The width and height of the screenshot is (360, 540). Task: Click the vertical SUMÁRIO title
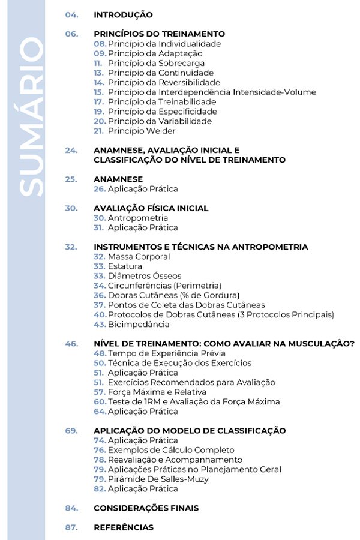pos(31,117)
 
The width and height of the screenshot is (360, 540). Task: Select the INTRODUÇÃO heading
pos(123,15)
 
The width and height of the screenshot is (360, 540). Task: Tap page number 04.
pos(71,15)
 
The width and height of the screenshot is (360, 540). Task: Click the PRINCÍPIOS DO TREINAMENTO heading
pos(159,34)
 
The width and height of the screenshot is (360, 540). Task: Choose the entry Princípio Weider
pos(142,131)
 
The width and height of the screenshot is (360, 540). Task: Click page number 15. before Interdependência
pos(99,92)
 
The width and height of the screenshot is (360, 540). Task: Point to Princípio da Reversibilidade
pos(164,83)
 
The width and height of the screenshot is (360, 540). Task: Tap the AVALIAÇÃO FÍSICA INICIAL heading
pos(151,208)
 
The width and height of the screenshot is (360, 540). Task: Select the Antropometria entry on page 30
pos(138,218)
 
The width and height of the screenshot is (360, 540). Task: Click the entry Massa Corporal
pos(139,257)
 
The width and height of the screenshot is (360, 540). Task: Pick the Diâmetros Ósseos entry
pos(144,276)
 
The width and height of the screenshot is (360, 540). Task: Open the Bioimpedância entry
pos(139,325)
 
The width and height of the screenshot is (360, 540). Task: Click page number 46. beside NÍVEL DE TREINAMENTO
pos(71,344)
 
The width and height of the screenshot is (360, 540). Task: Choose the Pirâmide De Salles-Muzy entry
pos(159,479)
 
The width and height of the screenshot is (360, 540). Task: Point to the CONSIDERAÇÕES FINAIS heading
pos(146,508)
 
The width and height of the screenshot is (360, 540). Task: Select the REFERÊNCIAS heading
pos(123,528)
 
